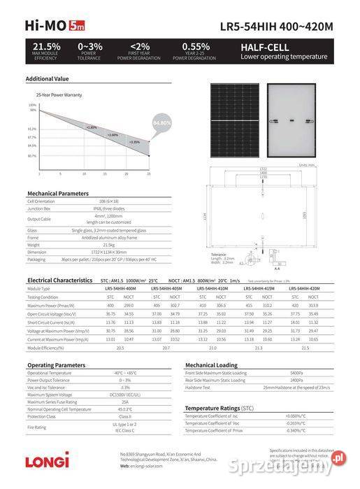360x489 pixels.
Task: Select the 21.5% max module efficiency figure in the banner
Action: (x=47, y=46)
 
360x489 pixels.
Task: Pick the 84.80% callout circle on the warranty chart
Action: (x=161, y=123)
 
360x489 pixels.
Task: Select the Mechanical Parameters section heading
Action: (x=58, y=192)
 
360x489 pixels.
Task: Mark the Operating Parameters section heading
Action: (x=56, y=365)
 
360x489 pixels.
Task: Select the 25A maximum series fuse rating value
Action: (x=125, y=402)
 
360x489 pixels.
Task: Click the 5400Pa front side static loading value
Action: (x=296, y=373)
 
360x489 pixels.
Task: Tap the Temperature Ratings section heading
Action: (x=219, y=407)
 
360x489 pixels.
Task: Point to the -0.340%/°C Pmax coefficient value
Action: (x=296, y=431)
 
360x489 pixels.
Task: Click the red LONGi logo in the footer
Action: (x=48, y=461)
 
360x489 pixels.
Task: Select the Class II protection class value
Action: (x=125, y=417)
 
